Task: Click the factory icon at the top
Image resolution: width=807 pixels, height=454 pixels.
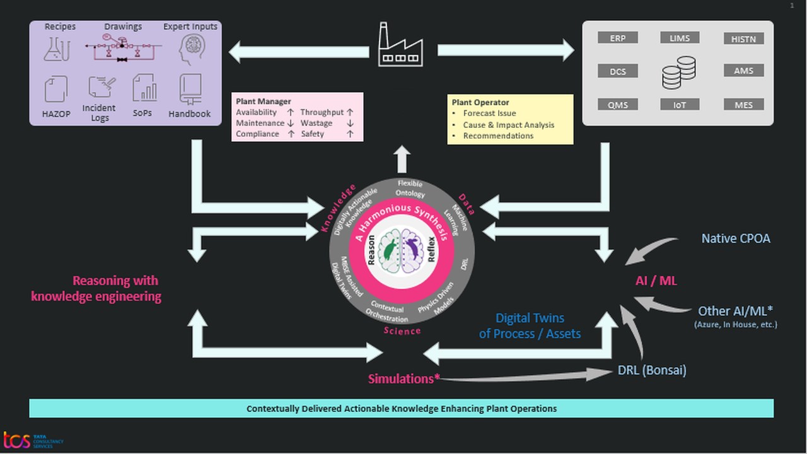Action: pos(400,45)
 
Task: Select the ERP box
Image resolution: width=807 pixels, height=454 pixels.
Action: pos(617,38)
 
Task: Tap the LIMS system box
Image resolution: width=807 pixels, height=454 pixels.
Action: pos(679,38)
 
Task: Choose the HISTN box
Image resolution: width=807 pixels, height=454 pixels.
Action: pos(743,38)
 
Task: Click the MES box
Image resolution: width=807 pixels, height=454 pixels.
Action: pos(743,105)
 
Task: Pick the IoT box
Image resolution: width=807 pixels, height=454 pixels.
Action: pos(679,105)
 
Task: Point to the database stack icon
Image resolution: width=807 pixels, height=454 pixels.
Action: pos(678,72)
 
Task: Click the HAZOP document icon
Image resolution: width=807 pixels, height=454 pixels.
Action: pos(56,89)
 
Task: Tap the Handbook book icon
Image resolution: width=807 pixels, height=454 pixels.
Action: pos(190,89)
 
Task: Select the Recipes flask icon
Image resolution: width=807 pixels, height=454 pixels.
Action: pos(57,49)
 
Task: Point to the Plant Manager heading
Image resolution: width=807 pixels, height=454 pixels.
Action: pos(264,101)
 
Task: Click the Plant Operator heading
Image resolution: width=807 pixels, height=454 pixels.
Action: pos(480,102)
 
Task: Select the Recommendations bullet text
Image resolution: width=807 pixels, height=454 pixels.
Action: pos(498,136)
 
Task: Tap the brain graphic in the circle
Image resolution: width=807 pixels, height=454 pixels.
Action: pos(402,250)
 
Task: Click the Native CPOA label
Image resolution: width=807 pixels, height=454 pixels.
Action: pos(736,238)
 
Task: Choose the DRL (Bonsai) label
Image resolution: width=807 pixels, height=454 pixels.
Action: pos(652,371)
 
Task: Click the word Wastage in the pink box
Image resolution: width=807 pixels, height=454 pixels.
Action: pos(316,123)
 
